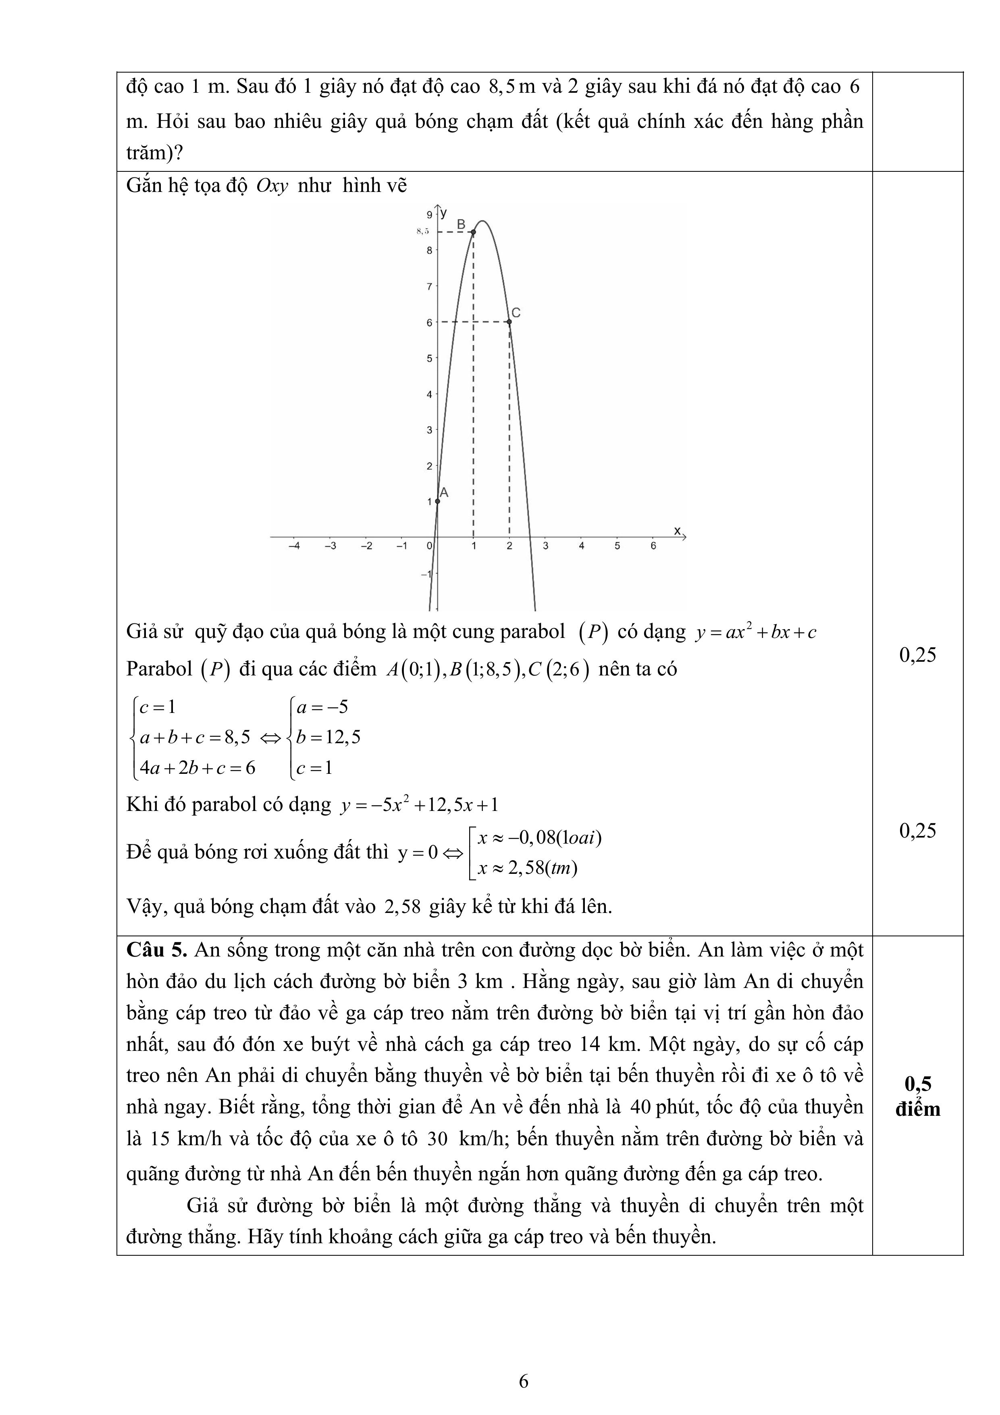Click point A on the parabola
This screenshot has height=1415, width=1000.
[437, 501]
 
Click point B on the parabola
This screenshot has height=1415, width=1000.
[473, 232]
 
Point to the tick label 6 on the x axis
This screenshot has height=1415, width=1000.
[653, 546]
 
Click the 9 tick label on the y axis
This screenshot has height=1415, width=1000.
[429, 215]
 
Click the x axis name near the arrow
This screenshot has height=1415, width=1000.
[677, 530]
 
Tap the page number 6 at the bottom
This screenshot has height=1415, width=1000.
[524, 1382]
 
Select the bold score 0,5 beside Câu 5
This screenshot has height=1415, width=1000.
[917, 1084]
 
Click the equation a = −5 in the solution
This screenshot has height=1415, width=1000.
[322, 707]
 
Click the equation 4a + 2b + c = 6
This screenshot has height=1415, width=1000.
[197, 768]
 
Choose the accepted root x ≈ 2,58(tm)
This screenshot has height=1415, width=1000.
[528, 868]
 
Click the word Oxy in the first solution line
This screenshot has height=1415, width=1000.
[272, 185]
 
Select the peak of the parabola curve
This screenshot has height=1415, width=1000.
[484, 221]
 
